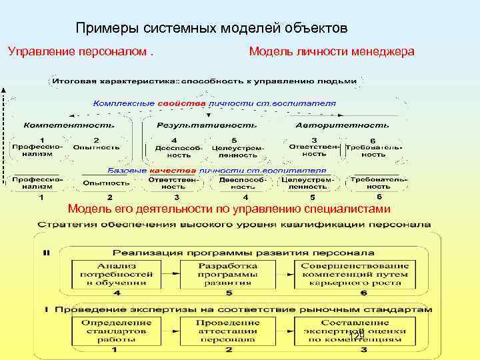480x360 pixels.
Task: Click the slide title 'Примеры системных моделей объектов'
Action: click(x=211, y=29)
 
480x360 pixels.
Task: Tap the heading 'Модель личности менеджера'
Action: click(x=331, y=51)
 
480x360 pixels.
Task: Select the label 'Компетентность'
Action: click(x=69, y=125)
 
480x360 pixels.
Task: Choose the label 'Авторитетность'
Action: click(x=342, y=125)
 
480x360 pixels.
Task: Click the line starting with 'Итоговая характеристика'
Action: click(x=205, y=81)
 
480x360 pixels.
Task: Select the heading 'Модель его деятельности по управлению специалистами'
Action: click(x=229, y=209)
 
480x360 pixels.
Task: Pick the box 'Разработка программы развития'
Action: click(x=228, y=273)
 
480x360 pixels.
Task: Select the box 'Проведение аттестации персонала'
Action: click(x=228, y=331)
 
